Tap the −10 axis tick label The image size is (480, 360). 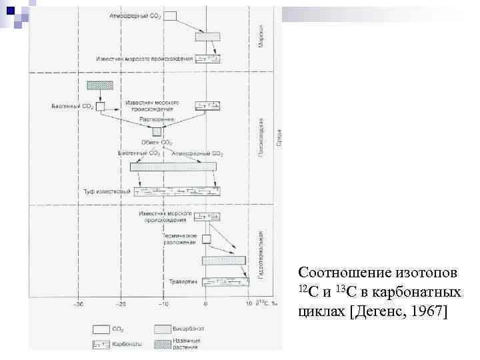coord(162,304)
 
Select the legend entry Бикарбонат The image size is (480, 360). coord(189,329)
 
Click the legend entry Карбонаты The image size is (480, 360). coord(126,344)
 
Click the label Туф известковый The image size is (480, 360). coord(106,192)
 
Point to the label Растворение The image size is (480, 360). coord(157,119)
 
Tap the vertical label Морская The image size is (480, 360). coord(261,37)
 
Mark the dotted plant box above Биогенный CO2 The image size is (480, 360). coord(100,85)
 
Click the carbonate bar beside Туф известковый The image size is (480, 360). coord(177,192)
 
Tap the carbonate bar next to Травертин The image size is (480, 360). coord(225,282)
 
